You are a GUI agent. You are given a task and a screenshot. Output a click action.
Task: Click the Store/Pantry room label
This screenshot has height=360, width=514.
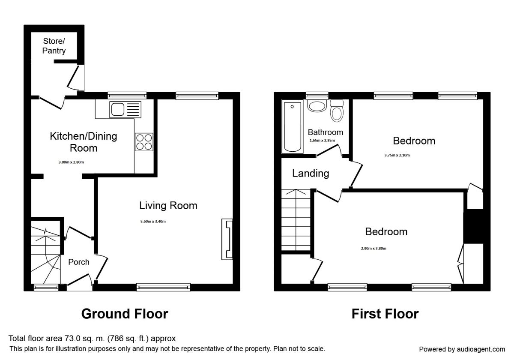[x=54, y=46]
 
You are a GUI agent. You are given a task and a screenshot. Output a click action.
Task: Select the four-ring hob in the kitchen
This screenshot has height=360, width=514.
[x=144, y=142]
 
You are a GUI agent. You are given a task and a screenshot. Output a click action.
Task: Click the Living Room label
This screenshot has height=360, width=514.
[x=168, y=205]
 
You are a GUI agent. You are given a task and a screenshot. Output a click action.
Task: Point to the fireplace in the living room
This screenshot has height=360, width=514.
[x=227, y=239]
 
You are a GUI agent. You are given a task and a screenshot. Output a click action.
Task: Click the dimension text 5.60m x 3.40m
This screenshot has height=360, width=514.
[x=153, y=222]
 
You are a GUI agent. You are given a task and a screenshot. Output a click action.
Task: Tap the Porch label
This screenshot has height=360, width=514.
[x=79, y=262]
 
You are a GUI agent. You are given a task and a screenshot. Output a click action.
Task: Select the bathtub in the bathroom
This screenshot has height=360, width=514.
[x=292, y=126]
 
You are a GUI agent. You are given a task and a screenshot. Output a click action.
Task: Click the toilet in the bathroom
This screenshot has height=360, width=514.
[x=337, y=111]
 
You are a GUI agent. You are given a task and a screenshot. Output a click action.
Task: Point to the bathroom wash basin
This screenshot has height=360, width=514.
[x=317, y=106]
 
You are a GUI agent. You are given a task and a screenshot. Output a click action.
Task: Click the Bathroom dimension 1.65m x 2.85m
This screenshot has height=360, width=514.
[x=322, y=141]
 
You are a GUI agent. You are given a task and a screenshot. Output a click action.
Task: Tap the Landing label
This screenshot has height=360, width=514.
[x=311, y=173]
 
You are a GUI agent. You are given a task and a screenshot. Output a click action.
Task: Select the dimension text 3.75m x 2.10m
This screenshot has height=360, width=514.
[x=397, y=155]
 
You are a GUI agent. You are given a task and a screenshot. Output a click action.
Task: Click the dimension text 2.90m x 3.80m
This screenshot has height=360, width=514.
[x=374, y=249]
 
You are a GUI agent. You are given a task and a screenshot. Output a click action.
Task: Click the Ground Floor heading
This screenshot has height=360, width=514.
[x=125, y=314]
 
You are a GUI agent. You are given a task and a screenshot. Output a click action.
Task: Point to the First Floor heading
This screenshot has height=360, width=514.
[x=385, y=314]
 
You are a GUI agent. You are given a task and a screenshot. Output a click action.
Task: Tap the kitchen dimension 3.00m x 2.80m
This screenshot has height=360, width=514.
[x=71, y=162]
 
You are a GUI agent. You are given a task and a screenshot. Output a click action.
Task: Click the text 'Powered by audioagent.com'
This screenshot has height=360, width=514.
[x=462, y=349]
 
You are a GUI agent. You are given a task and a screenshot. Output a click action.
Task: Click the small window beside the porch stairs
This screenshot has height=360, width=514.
[x=46, y=288]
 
